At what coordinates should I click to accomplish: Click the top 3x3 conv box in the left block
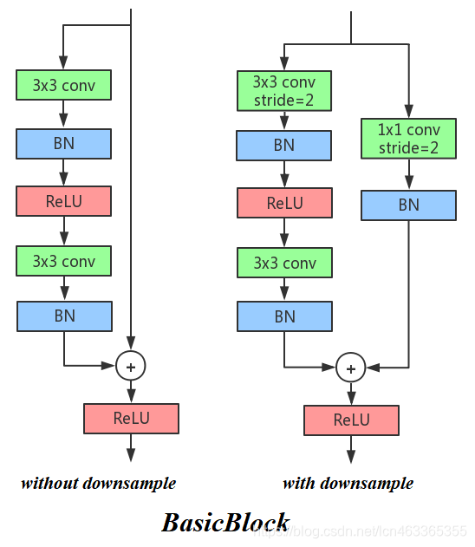63,85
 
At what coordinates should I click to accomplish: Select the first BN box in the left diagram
63,143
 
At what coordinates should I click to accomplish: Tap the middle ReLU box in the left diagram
63,201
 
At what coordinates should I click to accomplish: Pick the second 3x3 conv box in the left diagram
63,260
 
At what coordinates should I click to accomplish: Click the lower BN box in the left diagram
64,316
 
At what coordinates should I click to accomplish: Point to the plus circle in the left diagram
131,367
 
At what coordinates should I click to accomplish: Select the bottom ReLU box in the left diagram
131,418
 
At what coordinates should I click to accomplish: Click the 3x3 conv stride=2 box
284,91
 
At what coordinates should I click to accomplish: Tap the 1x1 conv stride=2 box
408,139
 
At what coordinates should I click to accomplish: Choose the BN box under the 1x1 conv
408,205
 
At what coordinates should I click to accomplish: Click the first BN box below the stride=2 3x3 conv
284,145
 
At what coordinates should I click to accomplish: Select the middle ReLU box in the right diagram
284,203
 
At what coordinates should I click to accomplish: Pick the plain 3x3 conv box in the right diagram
284,263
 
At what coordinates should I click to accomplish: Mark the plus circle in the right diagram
351,368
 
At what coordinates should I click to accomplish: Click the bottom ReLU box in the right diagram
351,420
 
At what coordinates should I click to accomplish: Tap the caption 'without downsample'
98,483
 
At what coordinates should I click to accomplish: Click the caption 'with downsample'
348,483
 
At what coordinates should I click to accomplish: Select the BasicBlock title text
225,522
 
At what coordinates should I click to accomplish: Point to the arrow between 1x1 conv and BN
408,174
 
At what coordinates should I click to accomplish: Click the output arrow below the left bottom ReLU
131,446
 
